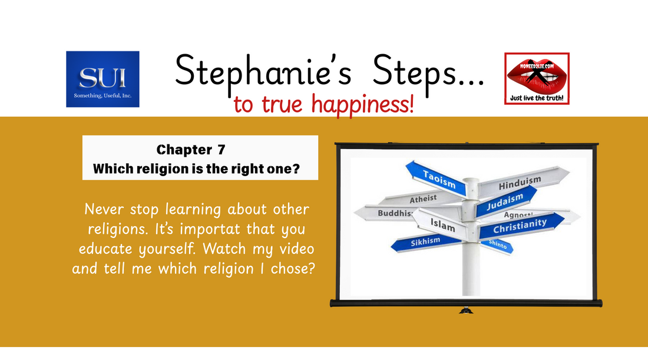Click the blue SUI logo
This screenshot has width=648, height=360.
pos(103,79)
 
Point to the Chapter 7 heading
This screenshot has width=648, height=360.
pos(191,150)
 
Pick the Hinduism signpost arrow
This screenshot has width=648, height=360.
pos(520,183)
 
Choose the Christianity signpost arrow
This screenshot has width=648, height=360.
pos(520,226)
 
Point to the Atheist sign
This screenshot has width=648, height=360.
pos(423,199)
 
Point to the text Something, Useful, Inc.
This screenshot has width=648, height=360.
pos(103,95)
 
